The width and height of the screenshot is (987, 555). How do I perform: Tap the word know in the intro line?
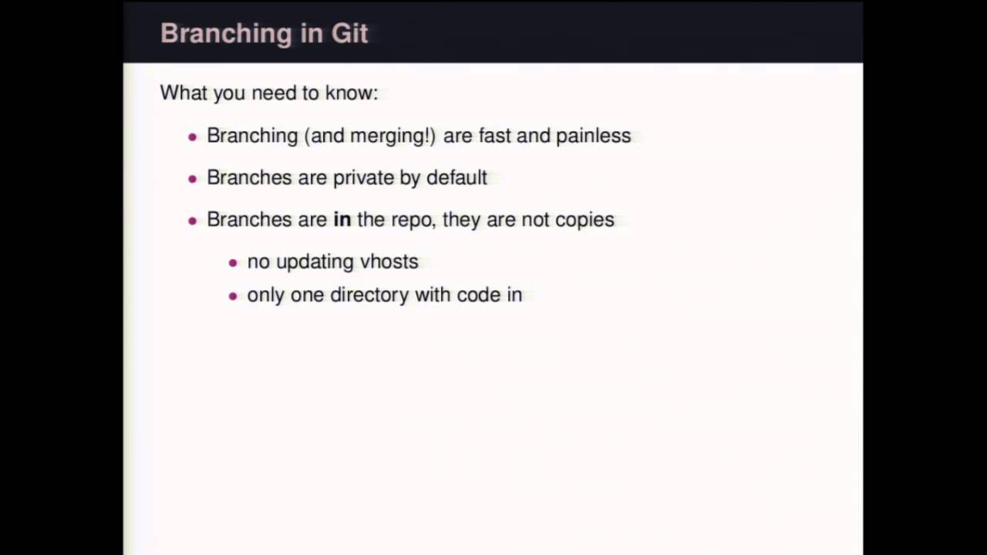(350, 93)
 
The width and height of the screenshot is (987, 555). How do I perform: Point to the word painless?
(593, 136)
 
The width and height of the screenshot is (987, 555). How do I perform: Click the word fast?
(494, 136)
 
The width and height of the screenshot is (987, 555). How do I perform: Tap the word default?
(456, 177)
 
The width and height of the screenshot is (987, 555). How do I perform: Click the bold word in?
(342, 220)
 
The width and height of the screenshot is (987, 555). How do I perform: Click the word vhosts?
(389, 261)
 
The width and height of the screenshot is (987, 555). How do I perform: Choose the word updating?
(315, 262)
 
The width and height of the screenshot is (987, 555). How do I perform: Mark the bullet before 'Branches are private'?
(193, 179)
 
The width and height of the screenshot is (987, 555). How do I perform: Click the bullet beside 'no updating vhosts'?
(233, 263)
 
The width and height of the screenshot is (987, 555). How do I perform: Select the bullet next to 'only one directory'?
(233, 296)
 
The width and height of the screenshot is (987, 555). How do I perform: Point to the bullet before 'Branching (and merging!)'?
(193, 137)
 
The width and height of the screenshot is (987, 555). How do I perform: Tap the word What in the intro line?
(183, 93)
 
